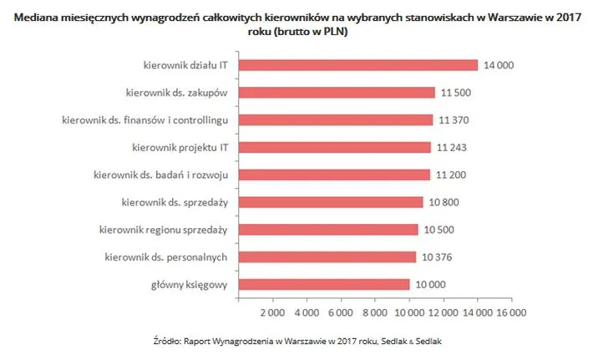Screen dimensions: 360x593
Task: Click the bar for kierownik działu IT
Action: pyautogui.click(x=358, y=65)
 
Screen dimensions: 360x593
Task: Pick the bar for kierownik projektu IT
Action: pyautogui.click(x=335, y=148)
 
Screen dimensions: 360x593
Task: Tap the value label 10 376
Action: pyautogui.click(x=436, y=256)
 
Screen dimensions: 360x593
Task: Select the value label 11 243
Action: pyautogui.click(x=452, y=148)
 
